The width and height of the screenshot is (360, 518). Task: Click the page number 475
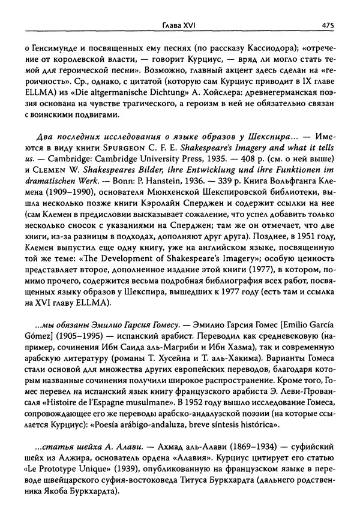[x=328, y=25]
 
